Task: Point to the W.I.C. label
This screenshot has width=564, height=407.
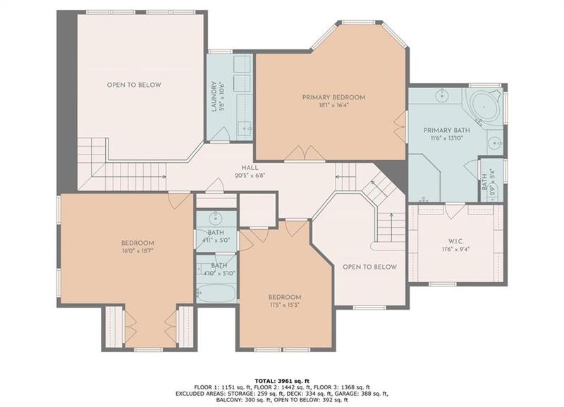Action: point(455,240)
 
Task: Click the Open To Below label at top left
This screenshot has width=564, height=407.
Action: point(134,85)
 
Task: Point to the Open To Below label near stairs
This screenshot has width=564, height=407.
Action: point(369,267)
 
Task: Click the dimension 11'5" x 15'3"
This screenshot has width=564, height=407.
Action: point(285,306)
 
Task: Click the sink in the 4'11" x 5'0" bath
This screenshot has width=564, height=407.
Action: point(216,218)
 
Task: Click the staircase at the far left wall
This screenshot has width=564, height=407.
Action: point(90,150)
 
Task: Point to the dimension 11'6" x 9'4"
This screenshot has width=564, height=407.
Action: point(455,249)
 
